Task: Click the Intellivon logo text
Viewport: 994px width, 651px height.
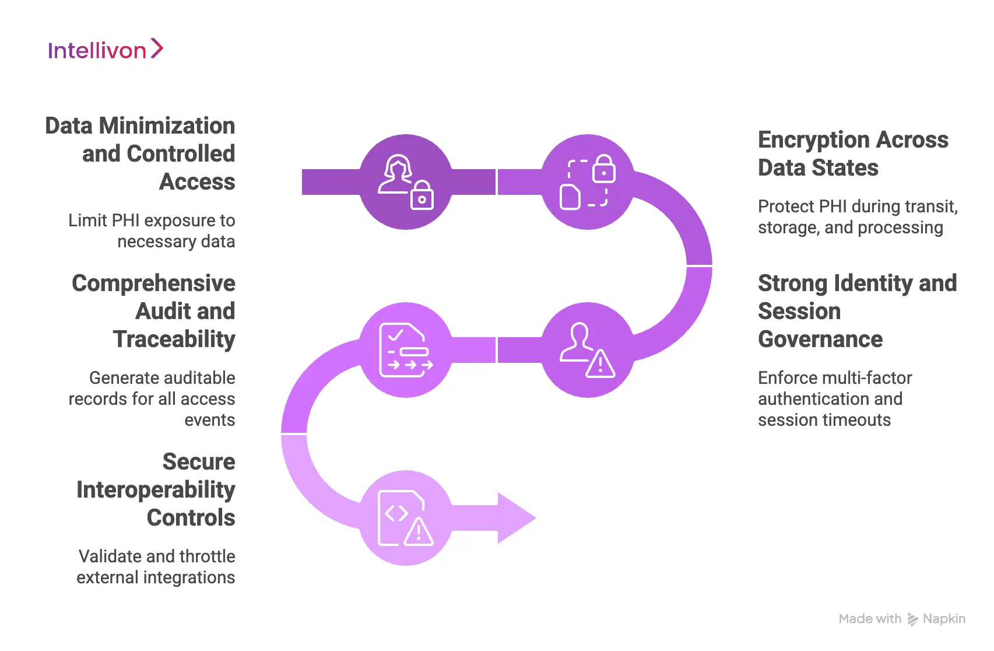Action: [97, 51]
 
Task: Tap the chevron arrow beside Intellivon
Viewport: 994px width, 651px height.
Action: [156, 48]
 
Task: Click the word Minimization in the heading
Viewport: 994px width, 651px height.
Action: [167, 125]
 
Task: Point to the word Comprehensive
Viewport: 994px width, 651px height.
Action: [153, 283]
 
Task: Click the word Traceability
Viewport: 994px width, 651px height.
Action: [174, 339]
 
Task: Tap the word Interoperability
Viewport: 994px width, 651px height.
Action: [156, 490]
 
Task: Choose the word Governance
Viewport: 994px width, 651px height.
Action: [820, 339]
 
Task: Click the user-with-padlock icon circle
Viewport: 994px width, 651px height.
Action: [406, 182]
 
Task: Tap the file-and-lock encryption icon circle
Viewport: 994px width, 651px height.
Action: [588, 182]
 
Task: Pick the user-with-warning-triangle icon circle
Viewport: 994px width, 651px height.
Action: [588, 350]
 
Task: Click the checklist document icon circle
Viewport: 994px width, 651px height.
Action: [406, 350]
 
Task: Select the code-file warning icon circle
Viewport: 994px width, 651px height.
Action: [406, 518]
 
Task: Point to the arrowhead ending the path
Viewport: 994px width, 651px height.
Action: [515, 518]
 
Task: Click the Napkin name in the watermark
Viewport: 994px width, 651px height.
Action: [944, 619]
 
